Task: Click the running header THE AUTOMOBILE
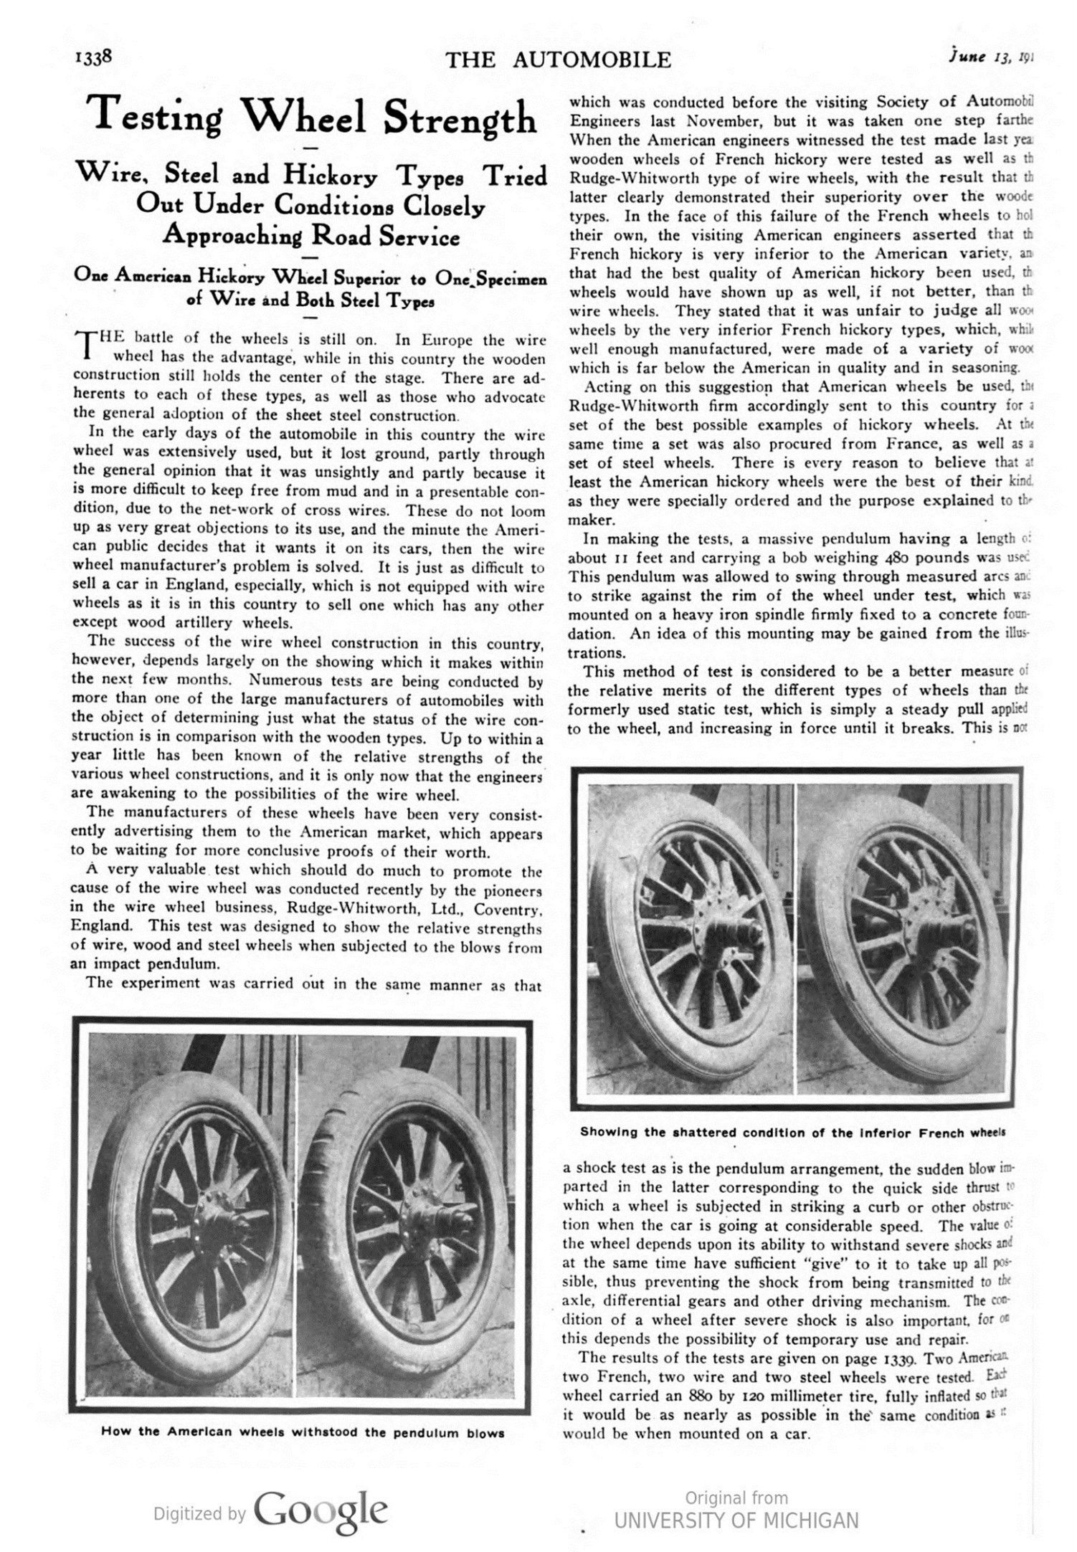point(558,60)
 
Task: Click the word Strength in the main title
point(460,118)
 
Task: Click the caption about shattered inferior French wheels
point(792,1132)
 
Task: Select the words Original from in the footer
point(736,1498)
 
